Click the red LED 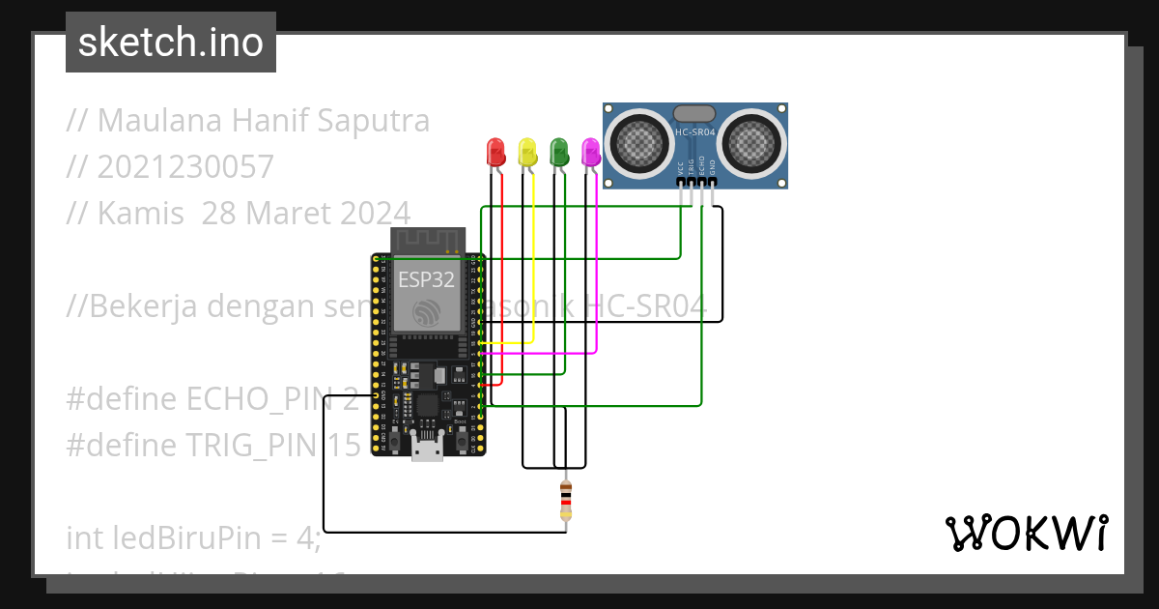[495, 151]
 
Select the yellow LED [527, 151]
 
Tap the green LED [558, 151]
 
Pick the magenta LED [590, 151]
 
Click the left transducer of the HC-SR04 [638, 142]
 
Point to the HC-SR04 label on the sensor [695, 132]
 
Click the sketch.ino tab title [171, 43]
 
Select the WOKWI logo [1026, 533]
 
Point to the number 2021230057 [184, 166]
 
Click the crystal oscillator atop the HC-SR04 [694, 113]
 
